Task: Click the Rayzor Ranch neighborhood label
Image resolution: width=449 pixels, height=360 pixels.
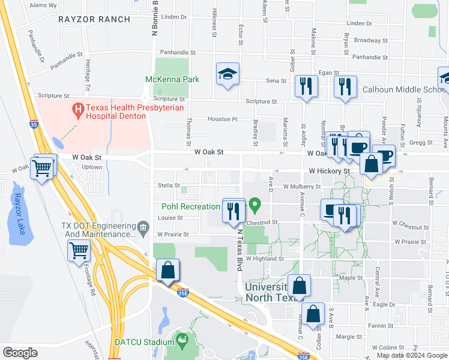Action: tap(94, 19)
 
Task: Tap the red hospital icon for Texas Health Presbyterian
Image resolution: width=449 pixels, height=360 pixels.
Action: tap(77, 109)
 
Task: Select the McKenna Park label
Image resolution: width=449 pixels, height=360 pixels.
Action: tap(172, 79)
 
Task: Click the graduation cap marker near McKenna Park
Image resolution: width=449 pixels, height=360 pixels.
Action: tap(228, 74)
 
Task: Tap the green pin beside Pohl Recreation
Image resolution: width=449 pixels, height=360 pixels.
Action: tap(255, 206)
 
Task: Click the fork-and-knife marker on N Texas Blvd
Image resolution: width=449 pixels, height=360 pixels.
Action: tap(234, 211)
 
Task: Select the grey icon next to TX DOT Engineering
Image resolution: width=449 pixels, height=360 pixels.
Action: tap(143, 226)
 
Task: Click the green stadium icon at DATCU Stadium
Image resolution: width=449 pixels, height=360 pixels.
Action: tap(182, 341)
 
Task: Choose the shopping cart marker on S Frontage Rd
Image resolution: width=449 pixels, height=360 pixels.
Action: tap(79, 251)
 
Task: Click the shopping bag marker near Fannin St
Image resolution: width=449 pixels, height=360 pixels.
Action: tap(313, 314)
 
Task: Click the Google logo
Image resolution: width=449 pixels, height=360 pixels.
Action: tap(20, 353)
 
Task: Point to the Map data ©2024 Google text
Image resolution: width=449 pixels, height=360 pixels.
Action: tap(411, 355)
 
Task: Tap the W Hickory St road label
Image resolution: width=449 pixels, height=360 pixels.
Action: tap(330, 171)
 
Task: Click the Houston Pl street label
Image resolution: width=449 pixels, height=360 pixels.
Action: tap(223, 119)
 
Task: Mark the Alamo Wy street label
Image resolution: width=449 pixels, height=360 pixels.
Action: tap(43, 5)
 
